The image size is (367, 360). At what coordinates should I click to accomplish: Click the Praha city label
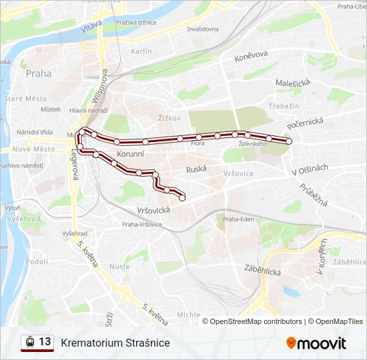[38, 74]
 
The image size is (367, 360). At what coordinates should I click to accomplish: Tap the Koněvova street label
[251, 58]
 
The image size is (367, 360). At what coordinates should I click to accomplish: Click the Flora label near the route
[198, 143]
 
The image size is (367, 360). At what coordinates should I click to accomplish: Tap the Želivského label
[253, 143]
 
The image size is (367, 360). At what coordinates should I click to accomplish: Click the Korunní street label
[130, 154]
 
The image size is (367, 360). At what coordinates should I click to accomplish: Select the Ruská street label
[197, 169]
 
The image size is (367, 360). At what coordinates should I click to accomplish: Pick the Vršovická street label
[153, 209]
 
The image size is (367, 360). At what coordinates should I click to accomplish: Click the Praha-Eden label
[239, 219]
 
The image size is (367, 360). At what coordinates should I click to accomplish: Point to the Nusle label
[120, 266]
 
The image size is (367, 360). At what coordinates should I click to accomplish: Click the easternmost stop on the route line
[290, 141]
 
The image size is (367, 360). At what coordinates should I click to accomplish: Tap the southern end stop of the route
[182, 197]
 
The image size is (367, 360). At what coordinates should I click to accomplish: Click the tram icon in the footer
[29, 342]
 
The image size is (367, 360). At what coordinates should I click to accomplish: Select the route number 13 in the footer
[45, 341]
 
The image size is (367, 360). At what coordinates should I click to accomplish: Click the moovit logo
[316, 343]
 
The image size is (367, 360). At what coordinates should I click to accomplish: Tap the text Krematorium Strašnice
[115, 343]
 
